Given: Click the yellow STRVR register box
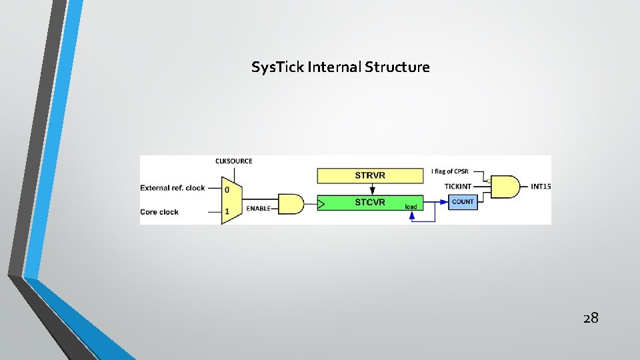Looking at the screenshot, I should (370, 175).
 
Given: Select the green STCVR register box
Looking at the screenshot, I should (370, 202).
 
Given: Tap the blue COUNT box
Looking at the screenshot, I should (463, 201).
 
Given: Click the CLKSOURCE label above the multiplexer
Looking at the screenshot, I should (233, 161).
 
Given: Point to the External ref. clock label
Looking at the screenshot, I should (173, 188).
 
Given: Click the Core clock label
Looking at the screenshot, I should (159, 212).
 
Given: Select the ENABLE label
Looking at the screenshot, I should (258, 209).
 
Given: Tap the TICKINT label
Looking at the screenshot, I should (458, 186).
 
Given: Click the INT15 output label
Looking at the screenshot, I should (541, 186).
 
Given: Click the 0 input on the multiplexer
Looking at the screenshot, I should (227, 189).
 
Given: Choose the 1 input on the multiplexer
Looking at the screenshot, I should (227, 211).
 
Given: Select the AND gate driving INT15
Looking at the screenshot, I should (505, 187).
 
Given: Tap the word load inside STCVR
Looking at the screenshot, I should (411, 207).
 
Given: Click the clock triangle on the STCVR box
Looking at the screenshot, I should (321, 203).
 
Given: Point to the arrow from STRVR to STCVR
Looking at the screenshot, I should (371, 189).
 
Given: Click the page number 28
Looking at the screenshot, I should (591, 318).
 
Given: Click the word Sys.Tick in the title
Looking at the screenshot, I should (278, 67).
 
